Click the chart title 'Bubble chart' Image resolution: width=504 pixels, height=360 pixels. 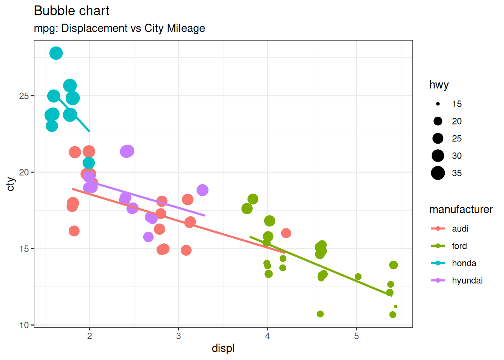pyautogui.click(x=72, y=11)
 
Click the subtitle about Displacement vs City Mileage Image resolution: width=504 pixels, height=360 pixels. pyautogui.click(x=119, y=28)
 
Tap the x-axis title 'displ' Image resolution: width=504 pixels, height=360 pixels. pyautogui.click(x=223, y=348)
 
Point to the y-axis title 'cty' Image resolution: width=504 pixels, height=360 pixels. pyautogui.click(x=11, y=184)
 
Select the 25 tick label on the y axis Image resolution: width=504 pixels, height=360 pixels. pyautogui.click(x=24, y=96)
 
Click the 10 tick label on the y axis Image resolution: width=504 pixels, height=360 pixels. pyautogui.click(x=24, y=325)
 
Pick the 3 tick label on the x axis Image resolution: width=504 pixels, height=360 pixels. pyautogui.click(x=178, y=336)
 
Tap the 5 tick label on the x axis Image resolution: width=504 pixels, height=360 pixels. pyautogui.click(x=356, y=336)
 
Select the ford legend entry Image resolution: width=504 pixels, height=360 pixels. pyautogui.click(x=459, y=246)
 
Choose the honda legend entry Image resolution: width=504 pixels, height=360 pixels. pyautogui.click(x=464, y=263)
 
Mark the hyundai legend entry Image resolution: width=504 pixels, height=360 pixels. pyautogui.click(x=467, y=280)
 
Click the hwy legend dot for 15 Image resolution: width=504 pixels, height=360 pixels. pyautogui.click(x=438, y=104)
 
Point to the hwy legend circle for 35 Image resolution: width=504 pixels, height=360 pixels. pyautogui.click(x=438, y=173)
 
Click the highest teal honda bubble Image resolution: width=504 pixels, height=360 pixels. pyautogui.click(x=56, y=53)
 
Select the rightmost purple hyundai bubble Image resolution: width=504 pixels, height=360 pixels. pyautogui.click(x=202, y=190)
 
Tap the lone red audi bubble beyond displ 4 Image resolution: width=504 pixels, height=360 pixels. pyautogui.click(x=286, y=233)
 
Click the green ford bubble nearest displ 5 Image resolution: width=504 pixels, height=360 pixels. pyautogui.click(x=358, y=277)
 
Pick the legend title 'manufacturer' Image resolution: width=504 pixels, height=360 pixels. pyautogui.click(x=461, y=209)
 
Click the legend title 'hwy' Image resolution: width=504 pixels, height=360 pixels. pyautogui.click(x=439, y=85)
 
